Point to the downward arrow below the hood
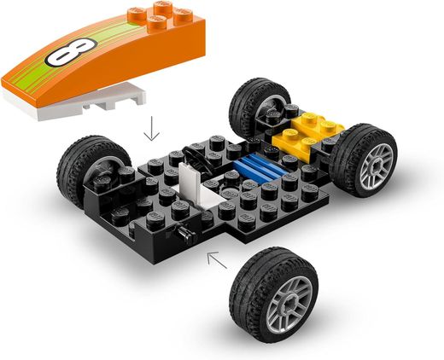(x=151, y=130)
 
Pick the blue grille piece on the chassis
(x=261, y=166)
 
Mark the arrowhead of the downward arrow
(x=151, y=138)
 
